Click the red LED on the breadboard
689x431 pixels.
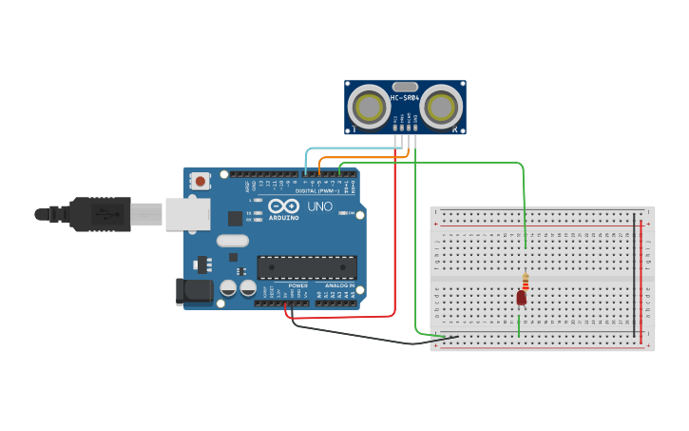521,298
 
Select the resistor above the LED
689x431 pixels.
525,282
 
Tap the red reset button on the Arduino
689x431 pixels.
201,181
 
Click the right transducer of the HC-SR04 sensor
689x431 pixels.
442,106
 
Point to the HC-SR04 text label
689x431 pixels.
405,98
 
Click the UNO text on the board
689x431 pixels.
320,206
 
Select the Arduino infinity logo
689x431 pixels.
284,206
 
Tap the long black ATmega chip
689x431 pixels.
307,267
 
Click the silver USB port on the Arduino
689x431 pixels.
187,214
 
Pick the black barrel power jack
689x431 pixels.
195,291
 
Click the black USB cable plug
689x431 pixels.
100,214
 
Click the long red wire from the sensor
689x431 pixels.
394,238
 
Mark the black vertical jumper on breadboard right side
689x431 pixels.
634,276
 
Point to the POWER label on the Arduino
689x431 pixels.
297,285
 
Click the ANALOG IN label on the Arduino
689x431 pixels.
338,285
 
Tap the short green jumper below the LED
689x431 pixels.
519,324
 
